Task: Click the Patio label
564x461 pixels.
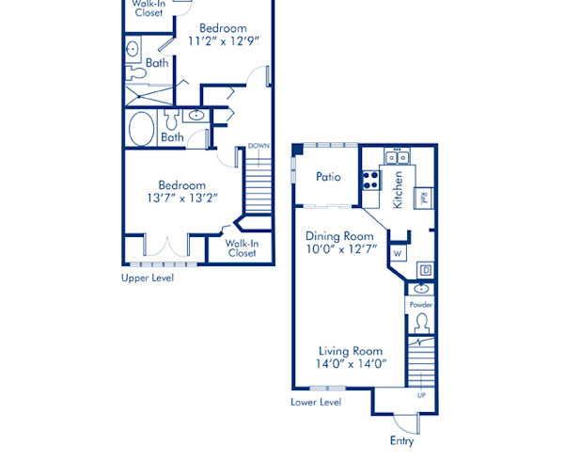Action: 327,177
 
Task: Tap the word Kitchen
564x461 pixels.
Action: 399,189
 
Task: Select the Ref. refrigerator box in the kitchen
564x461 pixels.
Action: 424,198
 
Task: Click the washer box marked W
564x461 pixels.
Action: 398,253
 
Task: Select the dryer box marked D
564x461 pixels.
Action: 425,271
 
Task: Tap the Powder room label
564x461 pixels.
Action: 420,306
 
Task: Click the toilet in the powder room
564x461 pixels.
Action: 421,324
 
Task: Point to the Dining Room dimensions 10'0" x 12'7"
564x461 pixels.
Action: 341,249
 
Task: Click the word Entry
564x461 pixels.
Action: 401,440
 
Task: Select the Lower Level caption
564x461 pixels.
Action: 316,402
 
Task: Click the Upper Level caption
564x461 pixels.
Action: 148,278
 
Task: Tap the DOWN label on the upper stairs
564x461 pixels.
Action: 258,146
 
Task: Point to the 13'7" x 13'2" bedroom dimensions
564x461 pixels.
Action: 181,199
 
